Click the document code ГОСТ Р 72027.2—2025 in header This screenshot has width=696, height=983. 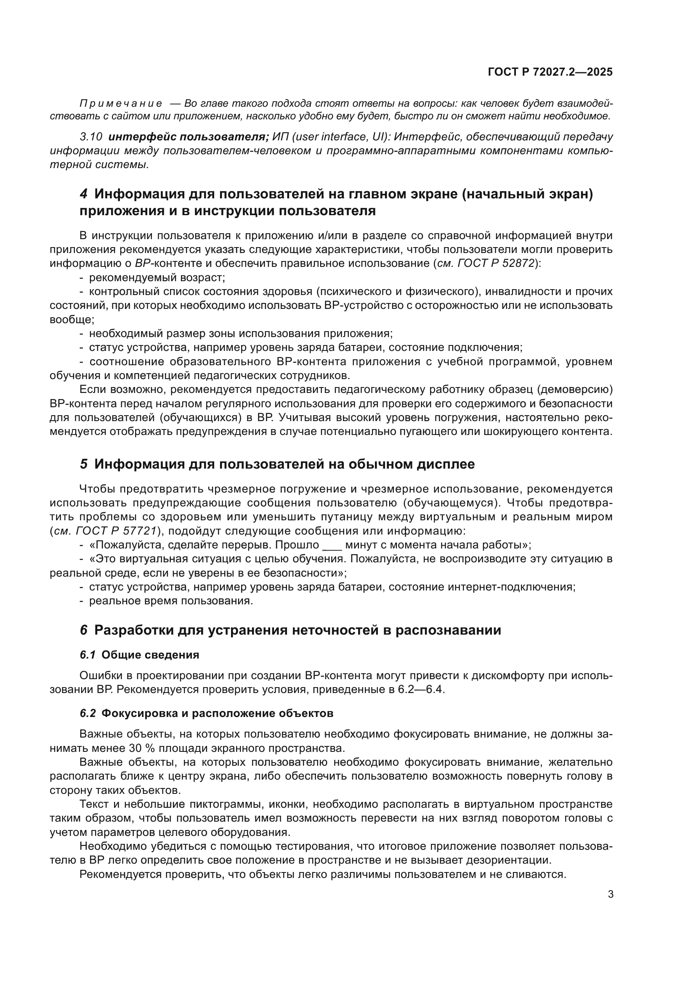(x=550, y=72)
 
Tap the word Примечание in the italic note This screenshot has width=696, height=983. (x=121, y=103)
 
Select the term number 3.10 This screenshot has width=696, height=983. (x=91, y=137)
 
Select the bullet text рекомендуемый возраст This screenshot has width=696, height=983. (x=157, y=277)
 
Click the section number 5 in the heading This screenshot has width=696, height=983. (x=84, y=464)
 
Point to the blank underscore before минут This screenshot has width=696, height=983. (x=332, y=546)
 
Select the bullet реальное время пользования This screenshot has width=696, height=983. (x=170, y=601)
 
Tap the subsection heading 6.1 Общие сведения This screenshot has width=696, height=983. (x=139, y=655)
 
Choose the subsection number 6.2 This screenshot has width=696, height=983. (x=88, y=714)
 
